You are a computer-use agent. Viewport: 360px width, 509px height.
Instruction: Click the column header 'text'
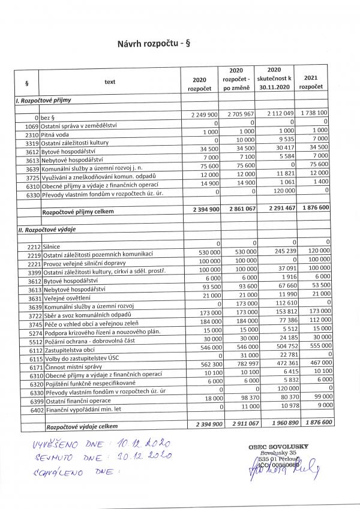109,82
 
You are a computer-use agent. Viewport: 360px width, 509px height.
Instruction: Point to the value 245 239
278,252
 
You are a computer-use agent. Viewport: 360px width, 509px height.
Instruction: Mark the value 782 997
241,362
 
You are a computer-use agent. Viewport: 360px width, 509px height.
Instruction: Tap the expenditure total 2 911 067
239,424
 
